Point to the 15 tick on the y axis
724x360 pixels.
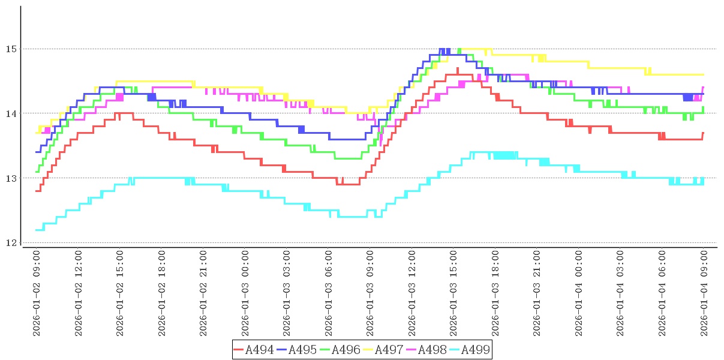pos(11,49)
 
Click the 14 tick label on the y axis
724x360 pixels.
pos(11,113)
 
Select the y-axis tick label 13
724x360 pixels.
pos(11,178)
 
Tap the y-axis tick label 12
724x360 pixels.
pos(11,243)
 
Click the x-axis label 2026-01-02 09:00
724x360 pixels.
pos(37,293)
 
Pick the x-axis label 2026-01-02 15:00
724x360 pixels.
pos(121,293)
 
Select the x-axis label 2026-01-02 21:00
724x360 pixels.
pos(204,293)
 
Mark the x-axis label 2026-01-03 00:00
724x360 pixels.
pos(246,293)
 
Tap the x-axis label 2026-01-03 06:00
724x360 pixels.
pos(329,293)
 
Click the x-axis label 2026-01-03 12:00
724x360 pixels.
pos(413,293)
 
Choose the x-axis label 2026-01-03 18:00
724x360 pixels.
pos(496,293)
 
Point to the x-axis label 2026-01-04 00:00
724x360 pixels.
pos(579,293)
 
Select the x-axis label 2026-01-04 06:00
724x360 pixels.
pos(663,293)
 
